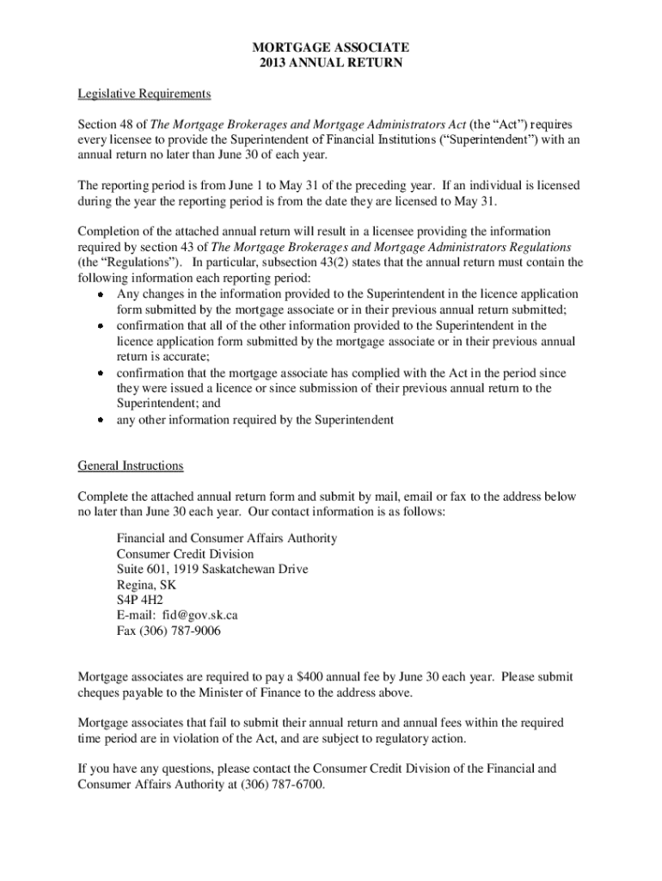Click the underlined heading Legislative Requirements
pos(144,93)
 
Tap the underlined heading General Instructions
pos(131,465)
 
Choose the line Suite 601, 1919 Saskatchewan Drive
pos(212,569)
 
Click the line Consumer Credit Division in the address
pos(186,553)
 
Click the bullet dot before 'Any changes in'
pos(100,295)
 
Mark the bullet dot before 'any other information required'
pos(100,421)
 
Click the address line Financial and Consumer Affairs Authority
pos(227,538)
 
